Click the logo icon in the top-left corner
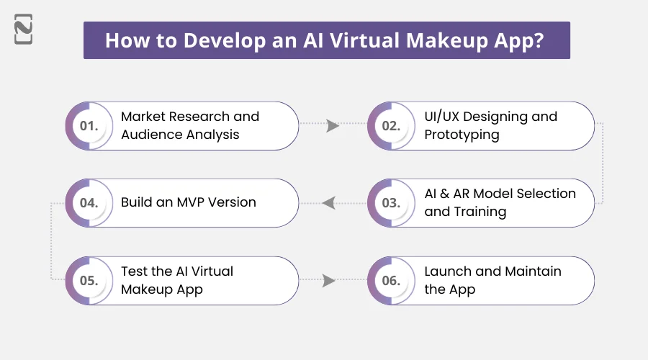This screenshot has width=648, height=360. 23,32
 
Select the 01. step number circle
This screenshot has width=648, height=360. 89,125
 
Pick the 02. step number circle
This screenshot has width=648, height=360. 391,125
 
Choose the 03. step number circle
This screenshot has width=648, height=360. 391,203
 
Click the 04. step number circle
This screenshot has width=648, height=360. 89,203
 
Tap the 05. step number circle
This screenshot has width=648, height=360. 89,281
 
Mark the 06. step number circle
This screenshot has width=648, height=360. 391,281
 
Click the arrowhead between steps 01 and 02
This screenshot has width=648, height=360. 332,125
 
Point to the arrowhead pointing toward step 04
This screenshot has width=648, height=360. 329,203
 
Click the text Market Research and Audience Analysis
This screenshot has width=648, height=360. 189,125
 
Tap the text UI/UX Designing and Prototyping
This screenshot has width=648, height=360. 490,125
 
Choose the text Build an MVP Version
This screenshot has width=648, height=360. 188,202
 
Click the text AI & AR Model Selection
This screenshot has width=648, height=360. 500,194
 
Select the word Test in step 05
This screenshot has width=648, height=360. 135,271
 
